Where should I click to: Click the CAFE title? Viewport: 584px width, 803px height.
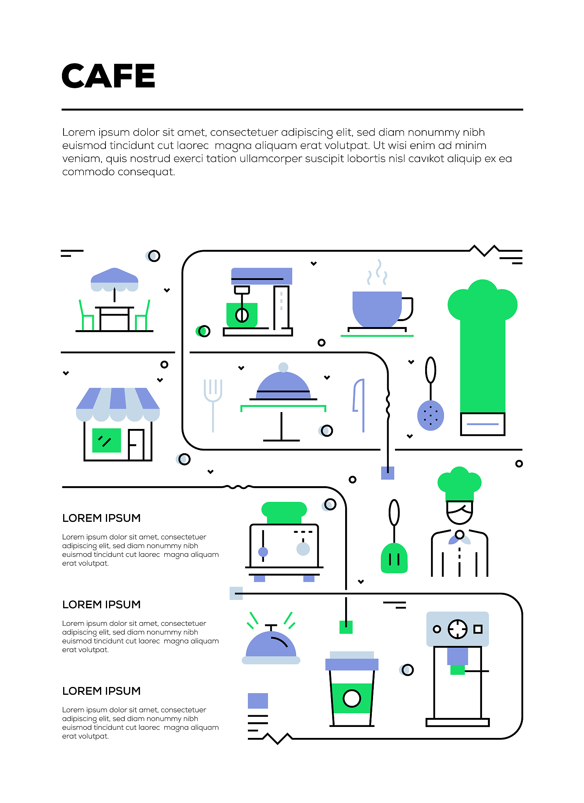click(x=108, y=76)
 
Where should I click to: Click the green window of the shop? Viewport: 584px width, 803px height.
click(x=106, y=440)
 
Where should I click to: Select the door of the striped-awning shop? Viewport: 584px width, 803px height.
click(x=136, y=445)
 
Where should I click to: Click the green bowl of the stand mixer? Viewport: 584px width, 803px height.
click(x=242, y=315)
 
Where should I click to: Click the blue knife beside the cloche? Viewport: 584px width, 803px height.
click(x=360, y=405)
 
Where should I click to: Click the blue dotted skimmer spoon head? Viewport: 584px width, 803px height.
click(x=431, y=416)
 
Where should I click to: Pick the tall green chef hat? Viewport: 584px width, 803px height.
click(x=482, y=345)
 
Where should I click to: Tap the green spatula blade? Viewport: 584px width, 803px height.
click(x=394, y=558)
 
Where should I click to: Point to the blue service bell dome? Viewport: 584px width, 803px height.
click(x=271, y=644)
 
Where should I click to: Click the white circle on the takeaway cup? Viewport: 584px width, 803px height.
click(x=352, y=698)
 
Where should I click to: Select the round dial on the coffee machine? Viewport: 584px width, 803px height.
click(x=458, y=629)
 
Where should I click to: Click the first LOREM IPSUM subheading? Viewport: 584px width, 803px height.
click(x=102, y=518)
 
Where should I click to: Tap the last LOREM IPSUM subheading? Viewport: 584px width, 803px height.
click(x=102, y=691)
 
